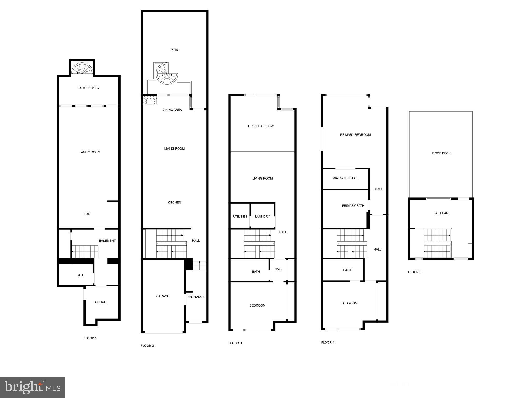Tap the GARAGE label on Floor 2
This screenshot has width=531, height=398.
163,296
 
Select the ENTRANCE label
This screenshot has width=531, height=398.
196,297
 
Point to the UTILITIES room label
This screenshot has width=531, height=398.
240,217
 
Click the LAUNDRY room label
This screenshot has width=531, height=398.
262,217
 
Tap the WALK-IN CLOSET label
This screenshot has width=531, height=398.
346,178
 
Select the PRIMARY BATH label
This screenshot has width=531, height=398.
353,206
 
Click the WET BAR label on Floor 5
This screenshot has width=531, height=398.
441,213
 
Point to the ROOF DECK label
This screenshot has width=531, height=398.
441,153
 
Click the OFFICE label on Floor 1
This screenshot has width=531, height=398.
101,302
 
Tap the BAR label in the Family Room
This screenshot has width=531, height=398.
87,214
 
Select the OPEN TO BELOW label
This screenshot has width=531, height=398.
261,126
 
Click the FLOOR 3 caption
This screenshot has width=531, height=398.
235,343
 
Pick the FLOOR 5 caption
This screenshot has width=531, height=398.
415,272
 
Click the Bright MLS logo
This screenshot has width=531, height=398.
32,387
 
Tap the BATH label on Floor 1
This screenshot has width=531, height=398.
80,275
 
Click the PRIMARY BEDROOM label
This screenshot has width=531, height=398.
355,135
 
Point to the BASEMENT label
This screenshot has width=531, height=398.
107,241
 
